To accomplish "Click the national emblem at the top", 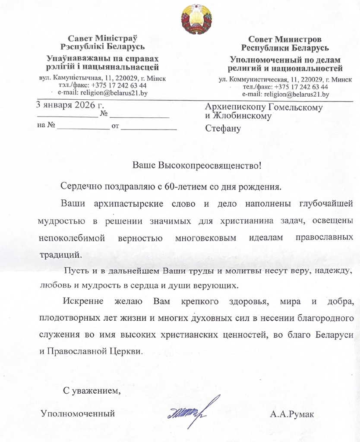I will click(196, 19).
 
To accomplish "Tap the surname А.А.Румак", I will click(292, 415).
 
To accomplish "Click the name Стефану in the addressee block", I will click(223, 128).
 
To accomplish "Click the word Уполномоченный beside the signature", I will click(78, 414).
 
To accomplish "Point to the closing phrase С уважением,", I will click(91, 391).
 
